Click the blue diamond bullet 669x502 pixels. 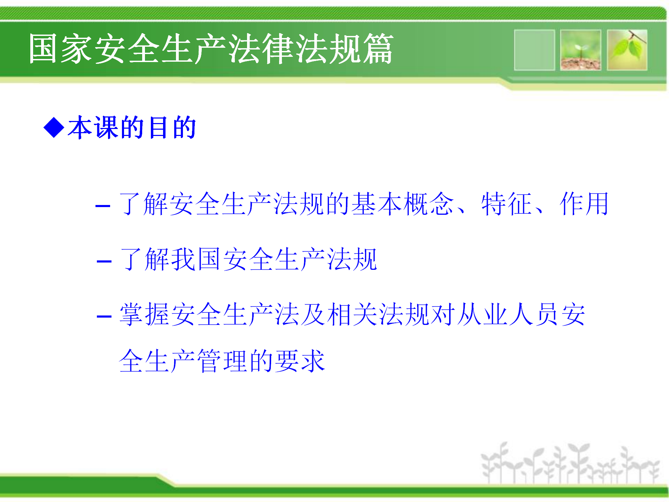click(x=54, y=128)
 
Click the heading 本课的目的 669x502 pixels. click(x=132, y=128)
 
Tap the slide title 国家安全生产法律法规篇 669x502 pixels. click(x=211, y=49)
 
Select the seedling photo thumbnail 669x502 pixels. click(x=580, y=50)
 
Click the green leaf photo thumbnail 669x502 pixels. click(x=627, y=50)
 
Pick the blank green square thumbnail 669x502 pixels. click(x=535, y=50)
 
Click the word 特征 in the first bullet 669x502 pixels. click(x=507, y=204)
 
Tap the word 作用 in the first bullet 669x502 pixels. click(x=584, y=204)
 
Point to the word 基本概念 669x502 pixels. click(x=403, y=204)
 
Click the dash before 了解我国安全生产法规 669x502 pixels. click(x=104, y=261)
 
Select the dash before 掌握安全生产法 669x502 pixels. click(x=104, y=317)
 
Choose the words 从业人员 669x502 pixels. click(x=508, y=314)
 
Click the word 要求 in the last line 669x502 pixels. click(x=300, y=361)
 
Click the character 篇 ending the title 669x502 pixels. click(x=378, y=49)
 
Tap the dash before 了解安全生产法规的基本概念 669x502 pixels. click(x=103, y=206)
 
